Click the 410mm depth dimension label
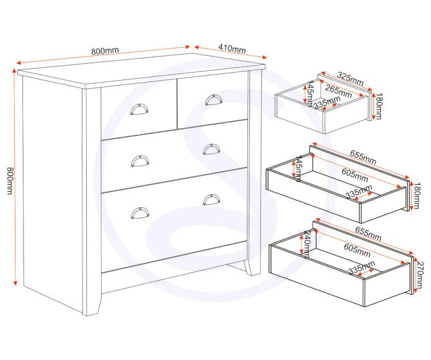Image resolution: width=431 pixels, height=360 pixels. pyautogui.click(x=232, y=48)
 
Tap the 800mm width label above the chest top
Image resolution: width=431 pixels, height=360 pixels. pyautogui.click(x=105, y=50)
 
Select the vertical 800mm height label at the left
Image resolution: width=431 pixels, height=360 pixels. pyautogui.click(x=10, y=181)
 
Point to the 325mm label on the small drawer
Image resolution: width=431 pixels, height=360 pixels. pyautogui.click(x=350, y=79)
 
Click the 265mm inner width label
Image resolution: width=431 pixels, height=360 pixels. pyautogui.click(x=339, y=91)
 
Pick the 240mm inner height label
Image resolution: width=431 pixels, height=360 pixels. pyautogui.click(x=306, y=244)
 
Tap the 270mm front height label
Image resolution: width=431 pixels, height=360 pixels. pyautogui.click(x=420, y=275)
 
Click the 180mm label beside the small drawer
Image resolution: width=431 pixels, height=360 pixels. pyautogui.click(x=378, y=106)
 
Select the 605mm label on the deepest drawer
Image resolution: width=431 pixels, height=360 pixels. pyautogui.click(x=357, y=250)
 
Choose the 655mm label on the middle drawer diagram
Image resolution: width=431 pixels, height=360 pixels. pyautogui.click(x=363, y=157)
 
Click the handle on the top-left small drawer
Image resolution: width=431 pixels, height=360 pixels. pyautogui.click(x=139, y=109)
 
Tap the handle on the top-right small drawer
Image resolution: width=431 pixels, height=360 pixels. pyautogui.click(x=213, y=99)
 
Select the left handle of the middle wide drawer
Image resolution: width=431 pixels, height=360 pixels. pyautogui.click(x=140, y=161)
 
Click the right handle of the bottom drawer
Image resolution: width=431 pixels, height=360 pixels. pyautogui.click(x=211, y=200)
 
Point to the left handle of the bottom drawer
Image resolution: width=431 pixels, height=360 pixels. pyautogui.click(x=140, y=213)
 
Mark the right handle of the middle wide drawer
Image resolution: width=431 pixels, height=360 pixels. pyautogui.click(x=211, y=150)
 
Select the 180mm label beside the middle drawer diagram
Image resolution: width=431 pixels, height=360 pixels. pyautogui.click(x=417, y=196)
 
